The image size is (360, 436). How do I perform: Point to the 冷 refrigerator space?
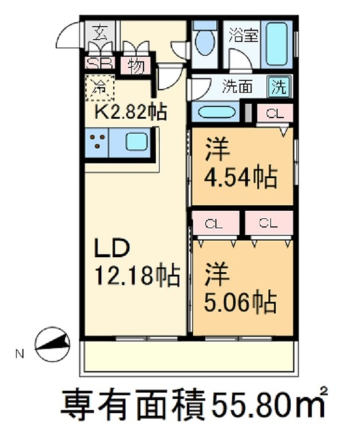click(100, 87)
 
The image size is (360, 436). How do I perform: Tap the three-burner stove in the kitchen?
click(99, 143)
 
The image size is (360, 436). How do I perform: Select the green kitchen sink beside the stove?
click(135, 143)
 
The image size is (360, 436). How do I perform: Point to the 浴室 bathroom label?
click(243, 35)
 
